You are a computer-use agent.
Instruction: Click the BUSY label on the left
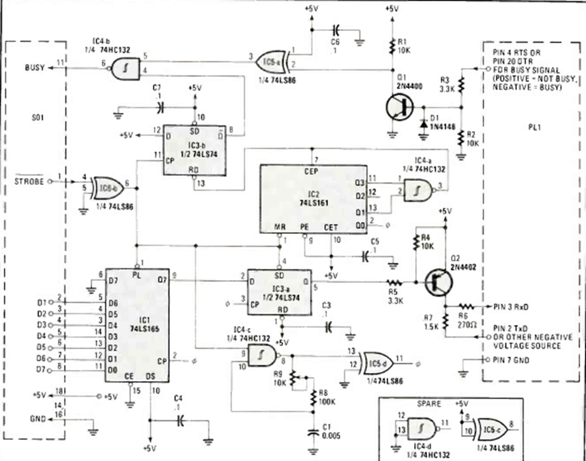(35, 67)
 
